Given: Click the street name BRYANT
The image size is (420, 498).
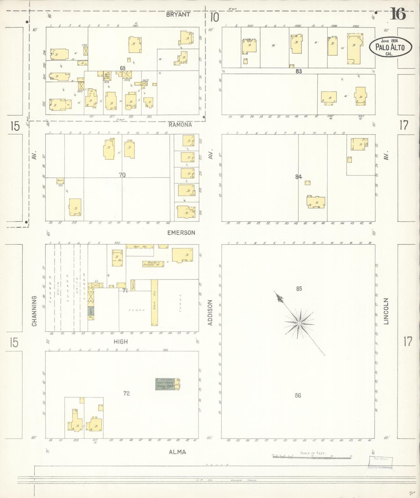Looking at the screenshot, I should (178, 15).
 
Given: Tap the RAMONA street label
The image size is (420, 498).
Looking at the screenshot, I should (180, 125).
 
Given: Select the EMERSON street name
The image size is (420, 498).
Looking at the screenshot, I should (181, 233).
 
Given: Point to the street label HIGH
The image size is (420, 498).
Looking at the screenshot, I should (121, 342).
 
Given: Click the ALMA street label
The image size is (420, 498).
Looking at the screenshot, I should (177, 452).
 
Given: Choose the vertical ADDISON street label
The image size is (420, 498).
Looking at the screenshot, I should (210, 312).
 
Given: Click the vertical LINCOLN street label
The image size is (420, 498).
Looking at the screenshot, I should (386, 311).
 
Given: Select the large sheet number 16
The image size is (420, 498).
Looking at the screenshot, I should (398, 14).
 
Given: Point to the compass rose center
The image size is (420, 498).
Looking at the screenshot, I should (299, 323).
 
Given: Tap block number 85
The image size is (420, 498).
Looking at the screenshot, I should (299, 288).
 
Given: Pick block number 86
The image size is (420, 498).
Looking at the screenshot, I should (298, 395).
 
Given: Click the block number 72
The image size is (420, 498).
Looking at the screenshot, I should (126, 393).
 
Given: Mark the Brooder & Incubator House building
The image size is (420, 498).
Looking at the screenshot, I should (153, 264).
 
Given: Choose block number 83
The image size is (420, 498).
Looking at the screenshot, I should (298, 71).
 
